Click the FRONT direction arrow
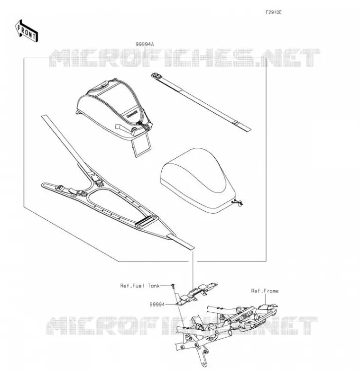27,31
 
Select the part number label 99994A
145,44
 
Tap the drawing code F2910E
273,12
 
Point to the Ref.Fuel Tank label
140,286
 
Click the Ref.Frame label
265,291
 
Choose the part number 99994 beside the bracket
157,305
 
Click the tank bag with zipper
114,109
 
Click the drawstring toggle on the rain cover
238,202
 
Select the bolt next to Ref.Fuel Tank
173,286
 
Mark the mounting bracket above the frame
196,294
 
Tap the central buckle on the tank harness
98,180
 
